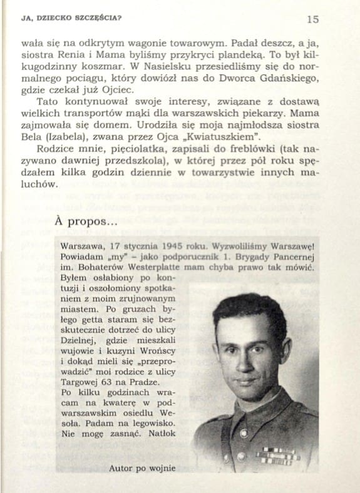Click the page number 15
[x=313, y=19]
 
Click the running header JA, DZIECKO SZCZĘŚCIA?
[x=71, y=18]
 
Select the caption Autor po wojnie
[x=141, y=466]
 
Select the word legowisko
[x=143, y=422]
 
